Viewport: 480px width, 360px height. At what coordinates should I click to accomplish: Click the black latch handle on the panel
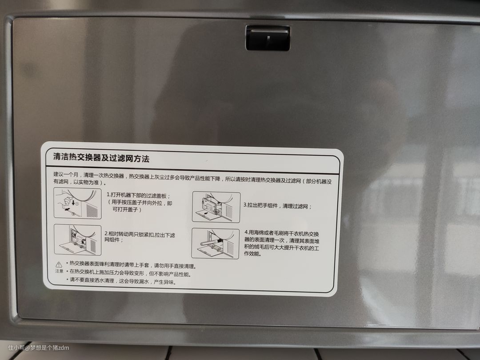point(268,38)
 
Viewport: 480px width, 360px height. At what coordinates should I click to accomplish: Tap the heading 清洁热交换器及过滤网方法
point(101,158)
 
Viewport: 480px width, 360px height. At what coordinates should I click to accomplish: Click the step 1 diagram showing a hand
point(77,203)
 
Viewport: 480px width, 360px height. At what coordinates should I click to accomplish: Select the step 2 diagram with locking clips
point(77,240)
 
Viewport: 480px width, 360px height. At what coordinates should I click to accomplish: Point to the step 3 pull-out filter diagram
point(216,207)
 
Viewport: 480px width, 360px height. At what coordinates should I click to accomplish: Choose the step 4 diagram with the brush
point(216,244)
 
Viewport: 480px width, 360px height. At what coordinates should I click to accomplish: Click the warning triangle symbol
point(59,264)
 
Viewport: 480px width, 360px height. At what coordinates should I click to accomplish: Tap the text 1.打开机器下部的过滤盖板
point(138,195)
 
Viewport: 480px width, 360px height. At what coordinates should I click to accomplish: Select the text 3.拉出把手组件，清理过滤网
point(277,206)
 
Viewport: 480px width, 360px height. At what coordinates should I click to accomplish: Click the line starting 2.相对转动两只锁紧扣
point(140,235)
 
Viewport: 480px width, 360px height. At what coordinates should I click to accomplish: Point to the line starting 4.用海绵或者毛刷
point(282,234)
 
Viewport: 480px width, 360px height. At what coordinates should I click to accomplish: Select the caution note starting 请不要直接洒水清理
point(121,281)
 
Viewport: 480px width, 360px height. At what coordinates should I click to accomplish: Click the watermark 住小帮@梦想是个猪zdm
point(39,348)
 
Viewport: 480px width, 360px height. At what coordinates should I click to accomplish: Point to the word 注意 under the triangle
point(59,271)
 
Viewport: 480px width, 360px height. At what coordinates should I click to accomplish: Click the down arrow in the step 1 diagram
point(73,202)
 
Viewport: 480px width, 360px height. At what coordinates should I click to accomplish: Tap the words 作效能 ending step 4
point(253,253)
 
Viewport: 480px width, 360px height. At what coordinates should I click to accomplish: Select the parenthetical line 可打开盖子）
point(127,210)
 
